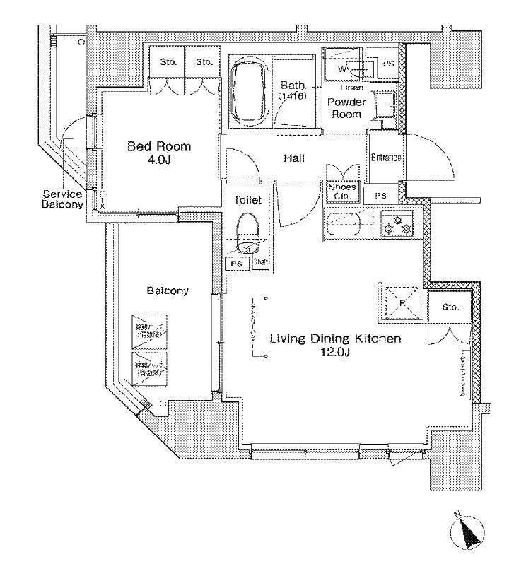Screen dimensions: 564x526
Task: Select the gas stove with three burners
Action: click(396, 223)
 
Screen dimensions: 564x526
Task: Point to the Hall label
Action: click(294, 158)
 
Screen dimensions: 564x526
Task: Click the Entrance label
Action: click(386, 158)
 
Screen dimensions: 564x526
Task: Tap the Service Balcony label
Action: click(64, 199)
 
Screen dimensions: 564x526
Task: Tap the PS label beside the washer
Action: click(387, 64)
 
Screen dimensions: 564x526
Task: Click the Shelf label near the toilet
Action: click(260, 263)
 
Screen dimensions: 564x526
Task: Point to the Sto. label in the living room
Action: click(450, 307)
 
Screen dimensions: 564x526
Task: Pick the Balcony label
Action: click(168, 290)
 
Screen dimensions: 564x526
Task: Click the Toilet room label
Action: click(247, 201)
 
